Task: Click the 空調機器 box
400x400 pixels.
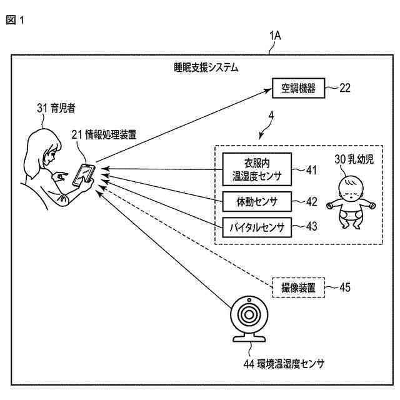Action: (x=299, y=88)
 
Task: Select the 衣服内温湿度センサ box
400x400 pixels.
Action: (x=257, y=169)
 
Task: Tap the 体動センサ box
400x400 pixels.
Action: (x=257, y=202)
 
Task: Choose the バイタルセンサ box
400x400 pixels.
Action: (x=257, y=227)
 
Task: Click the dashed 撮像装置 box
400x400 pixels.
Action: (x=299, y=287)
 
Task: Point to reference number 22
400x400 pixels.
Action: (x=345, y=88)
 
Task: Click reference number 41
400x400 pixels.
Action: (x=311, y=170)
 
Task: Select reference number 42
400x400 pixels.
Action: (x=311, y=202)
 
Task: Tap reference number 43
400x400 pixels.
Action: (x=311, y=226)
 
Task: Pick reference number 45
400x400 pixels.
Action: (x=345, y=287)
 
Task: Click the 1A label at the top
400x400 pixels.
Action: (x=275, y=36)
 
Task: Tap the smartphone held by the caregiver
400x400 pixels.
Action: (x=84, y=175)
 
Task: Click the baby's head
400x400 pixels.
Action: (x=351, y=188)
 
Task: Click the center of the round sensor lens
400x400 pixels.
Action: (x=249, y=315)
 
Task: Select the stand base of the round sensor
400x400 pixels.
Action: (x=249, y=339)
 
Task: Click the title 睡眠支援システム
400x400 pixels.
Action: (x=206, y=68)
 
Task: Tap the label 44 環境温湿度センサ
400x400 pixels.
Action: (x=284, y=364)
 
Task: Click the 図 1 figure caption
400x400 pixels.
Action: (x=15, y=20)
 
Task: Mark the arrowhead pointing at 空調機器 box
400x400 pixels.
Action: (x=268, y=91)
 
